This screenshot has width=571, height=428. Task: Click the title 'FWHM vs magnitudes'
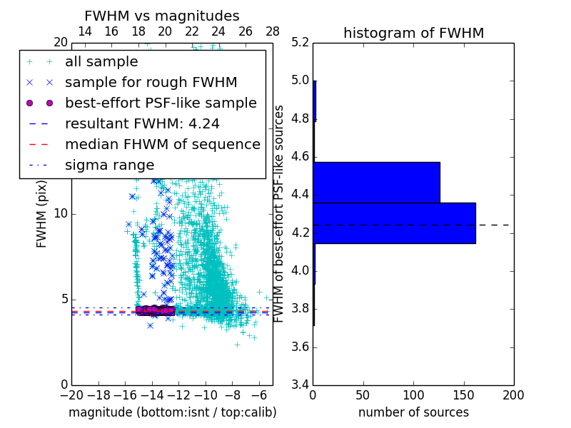[162, 16]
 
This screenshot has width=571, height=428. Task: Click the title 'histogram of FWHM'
[413, 33]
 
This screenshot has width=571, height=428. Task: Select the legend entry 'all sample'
[101, 61]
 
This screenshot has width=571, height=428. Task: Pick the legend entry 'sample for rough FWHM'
[151, 82]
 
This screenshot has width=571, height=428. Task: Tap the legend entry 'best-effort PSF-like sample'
[161, 103]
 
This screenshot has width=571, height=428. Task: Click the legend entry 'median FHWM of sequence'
[162, 144]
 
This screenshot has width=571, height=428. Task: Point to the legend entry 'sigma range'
[109, 165]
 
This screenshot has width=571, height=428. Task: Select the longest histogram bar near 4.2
[394, 223]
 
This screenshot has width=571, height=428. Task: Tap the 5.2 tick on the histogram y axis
[300, 42]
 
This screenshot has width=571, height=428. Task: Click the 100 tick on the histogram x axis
[413, 395]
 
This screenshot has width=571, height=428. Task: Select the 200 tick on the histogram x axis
[513, 395]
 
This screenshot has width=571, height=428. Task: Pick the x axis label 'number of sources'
[413, 412]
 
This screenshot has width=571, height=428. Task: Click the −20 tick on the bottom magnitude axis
[71, 395]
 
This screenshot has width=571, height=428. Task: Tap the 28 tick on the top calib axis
[273, 31]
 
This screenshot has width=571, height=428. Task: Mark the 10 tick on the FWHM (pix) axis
[61, 214]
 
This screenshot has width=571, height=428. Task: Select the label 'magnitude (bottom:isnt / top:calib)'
[172, 412]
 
